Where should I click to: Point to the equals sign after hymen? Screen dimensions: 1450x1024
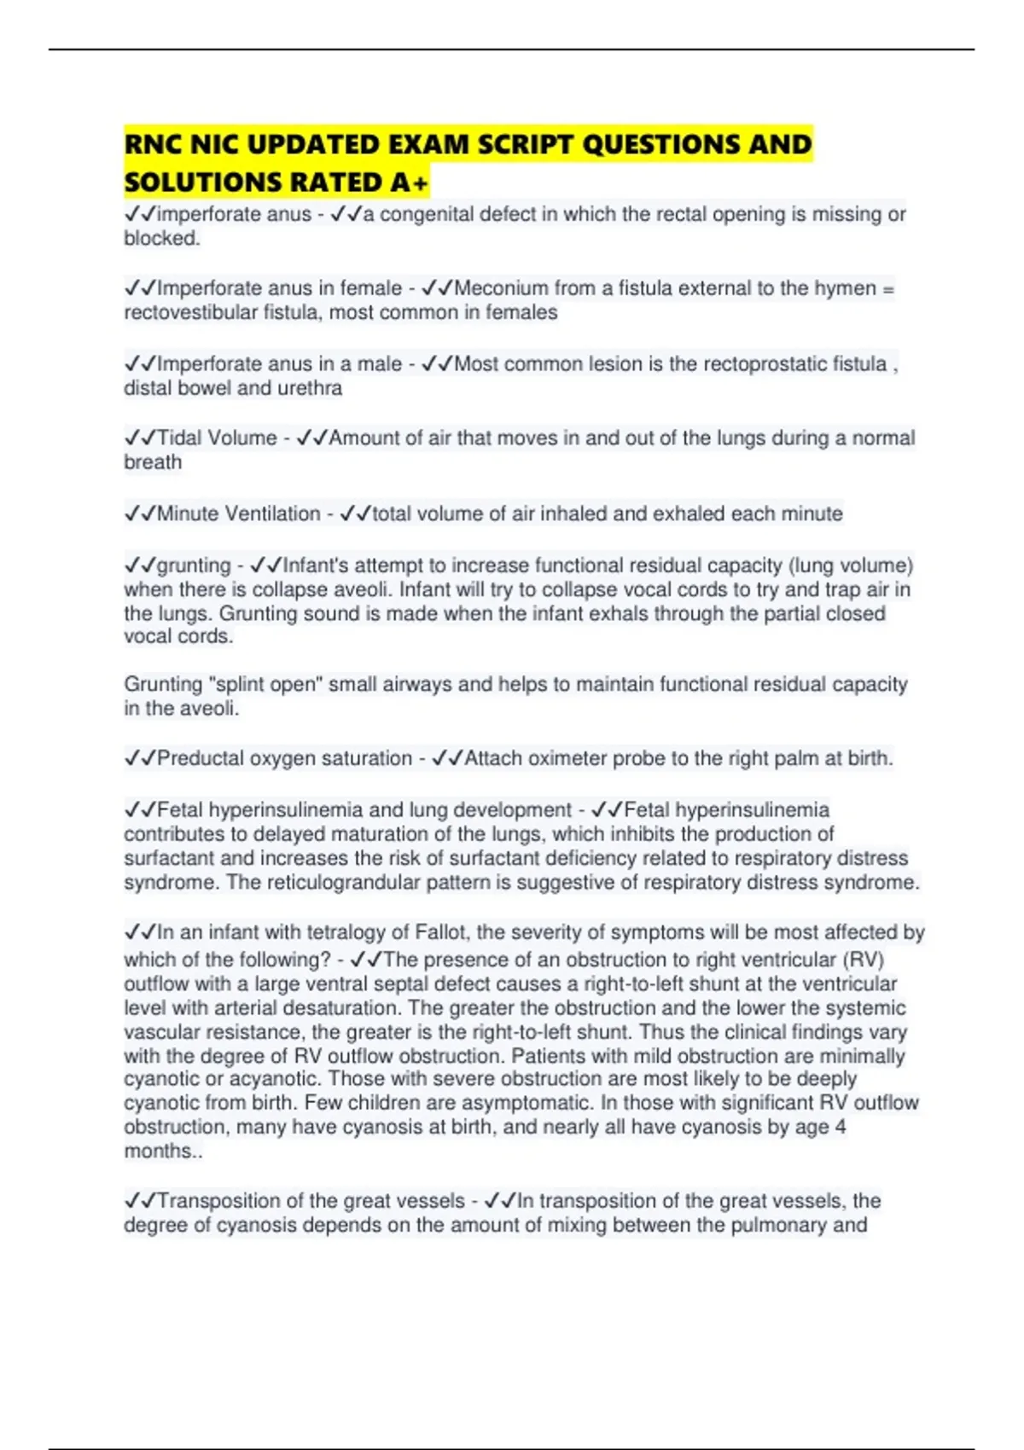pos(887,288)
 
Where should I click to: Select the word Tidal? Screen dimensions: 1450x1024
pos(180,438)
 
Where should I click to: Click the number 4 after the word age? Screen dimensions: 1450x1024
pos(841,1127)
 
